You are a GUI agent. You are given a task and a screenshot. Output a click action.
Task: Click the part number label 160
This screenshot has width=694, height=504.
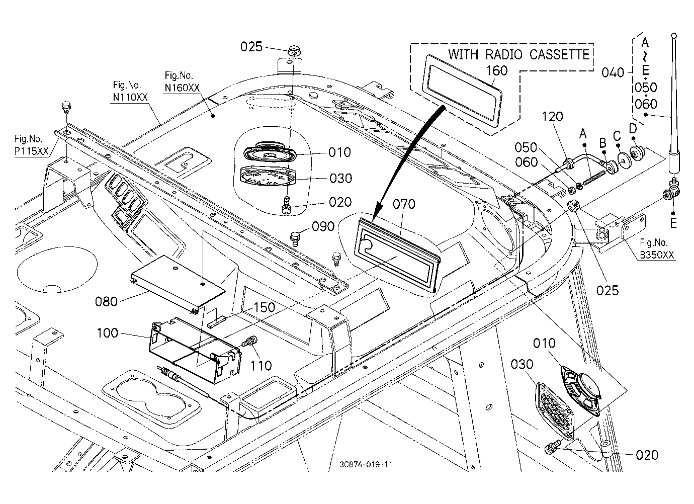pos(497,71)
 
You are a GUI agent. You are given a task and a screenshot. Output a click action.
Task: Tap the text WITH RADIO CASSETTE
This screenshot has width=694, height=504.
pos(519,54)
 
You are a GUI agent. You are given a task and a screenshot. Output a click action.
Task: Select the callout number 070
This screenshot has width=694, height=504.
pos(404,204)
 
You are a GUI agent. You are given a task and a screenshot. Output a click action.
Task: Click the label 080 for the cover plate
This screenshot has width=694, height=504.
pos(106,302)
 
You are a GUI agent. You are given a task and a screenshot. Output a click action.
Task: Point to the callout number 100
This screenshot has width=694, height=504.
pos(108,333)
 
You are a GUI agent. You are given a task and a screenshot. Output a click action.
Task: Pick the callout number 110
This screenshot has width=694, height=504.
pos(261,366)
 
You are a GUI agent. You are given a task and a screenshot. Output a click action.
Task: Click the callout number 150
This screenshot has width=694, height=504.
pos(265,307)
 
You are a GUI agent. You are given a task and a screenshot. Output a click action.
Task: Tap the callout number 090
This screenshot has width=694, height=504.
pos(323,226)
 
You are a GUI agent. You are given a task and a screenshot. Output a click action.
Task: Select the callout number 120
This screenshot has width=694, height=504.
pos(552,117)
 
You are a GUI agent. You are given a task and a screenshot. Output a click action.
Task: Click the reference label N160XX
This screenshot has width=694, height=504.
pos(182,88)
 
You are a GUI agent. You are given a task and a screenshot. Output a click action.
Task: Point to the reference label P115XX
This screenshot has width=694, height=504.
pos(32,151)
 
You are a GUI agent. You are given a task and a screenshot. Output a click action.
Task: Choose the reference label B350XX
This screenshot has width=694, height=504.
pos(657,255)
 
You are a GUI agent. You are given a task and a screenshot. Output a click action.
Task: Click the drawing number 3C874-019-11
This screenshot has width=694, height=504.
pos(366,464)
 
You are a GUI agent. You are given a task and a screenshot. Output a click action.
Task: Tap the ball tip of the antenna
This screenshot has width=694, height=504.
pos(674,35)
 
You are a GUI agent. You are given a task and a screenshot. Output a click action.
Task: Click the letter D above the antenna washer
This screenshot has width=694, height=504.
pos(633,128)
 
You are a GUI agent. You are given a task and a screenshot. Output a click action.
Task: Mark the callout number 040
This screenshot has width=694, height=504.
pos(613,73)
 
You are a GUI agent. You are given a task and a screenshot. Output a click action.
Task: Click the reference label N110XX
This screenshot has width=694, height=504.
pos(130,97)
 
